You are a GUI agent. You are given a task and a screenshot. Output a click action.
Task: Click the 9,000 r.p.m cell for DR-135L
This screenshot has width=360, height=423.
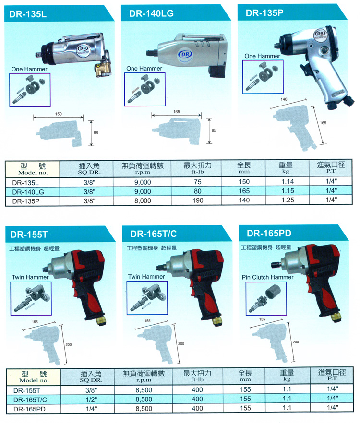(143, 182)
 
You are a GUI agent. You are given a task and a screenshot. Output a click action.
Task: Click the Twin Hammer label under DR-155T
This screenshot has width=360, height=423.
(27, 277)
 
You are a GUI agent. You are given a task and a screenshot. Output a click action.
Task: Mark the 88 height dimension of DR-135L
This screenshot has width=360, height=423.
(96, 133)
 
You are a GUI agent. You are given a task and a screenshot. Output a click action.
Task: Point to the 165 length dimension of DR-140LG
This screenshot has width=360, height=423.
(176, 111)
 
